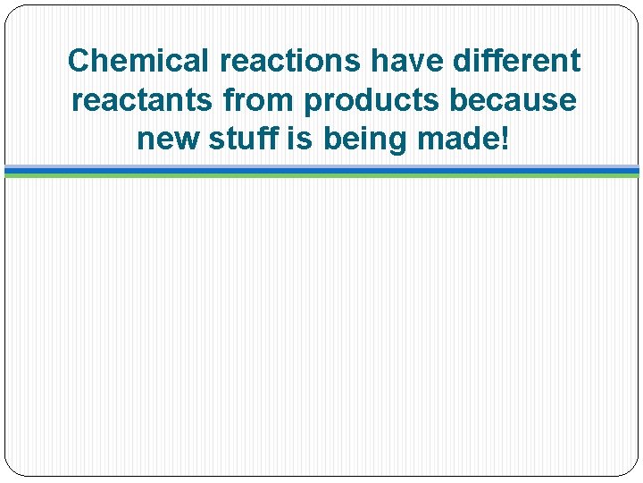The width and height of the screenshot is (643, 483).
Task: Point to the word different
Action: click(x=519, y=61)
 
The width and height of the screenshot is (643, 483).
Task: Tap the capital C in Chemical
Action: click(x=78, y=61)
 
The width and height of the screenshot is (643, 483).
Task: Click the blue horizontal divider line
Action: click(x=321, y=169)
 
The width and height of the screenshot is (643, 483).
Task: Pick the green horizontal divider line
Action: click(x=321, y=175)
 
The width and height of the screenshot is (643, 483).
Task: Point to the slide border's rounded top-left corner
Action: click(x=11, y=11)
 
